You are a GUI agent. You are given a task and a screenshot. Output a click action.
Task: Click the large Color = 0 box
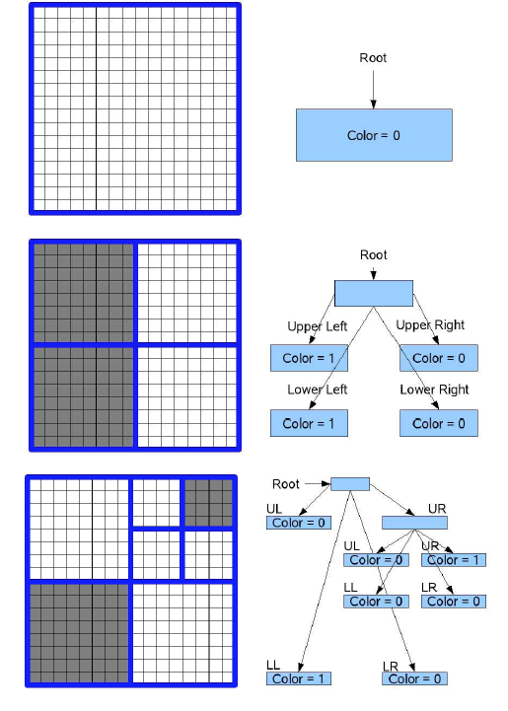374,135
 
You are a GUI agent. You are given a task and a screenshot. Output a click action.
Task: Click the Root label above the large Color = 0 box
373,58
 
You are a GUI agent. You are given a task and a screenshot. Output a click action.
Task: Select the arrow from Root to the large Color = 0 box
373,90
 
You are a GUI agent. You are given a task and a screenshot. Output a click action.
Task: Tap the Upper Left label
317,326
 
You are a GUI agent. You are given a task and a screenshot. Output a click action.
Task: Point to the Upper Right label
430,325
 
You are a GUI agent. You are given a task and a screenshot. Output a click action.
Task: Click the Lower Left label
317,390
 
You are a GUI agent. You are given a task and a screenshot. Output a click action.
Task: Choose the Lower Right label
434,390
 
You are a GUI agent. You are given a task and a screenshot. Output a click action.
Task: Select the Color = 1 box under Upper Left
310,358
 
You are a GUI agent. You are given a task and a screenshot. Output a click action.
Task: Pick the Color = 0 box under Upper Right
439,358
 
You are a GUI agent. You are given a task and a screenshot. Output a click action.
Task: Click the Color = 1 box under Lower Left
310,423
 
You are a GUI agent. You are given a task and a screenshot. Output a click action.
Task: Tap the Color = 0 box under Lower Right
439,423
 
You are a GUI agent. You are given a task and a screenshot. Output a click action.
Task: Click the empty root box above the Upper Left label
374,294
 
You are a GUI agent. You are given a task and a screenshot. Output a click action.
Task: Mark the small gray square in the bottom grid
209,503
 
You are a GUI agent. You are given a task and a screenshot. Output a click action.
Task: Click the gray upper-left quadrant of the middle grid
84,293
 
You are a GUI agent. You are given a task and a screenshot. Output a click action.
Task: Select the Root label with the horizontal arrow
286,484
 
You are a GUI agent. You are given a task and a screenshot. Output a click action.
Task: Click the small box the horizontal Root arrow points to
350,484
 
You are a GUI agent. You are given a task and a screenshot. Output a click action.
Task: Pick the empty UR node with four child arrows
414,523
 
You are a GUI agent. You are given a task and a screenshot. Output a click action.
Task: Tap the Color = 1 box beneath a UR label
454,560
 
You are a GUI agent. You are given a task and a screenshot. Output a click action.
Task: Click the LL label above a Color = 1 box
273,666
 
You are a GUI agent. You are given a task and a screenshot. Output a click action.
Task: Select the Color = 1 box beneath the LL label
299,678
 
